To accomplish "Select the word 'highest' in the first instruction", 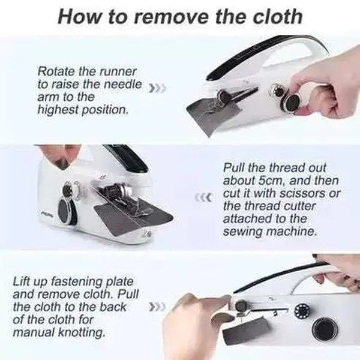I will tap(59, 110).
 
